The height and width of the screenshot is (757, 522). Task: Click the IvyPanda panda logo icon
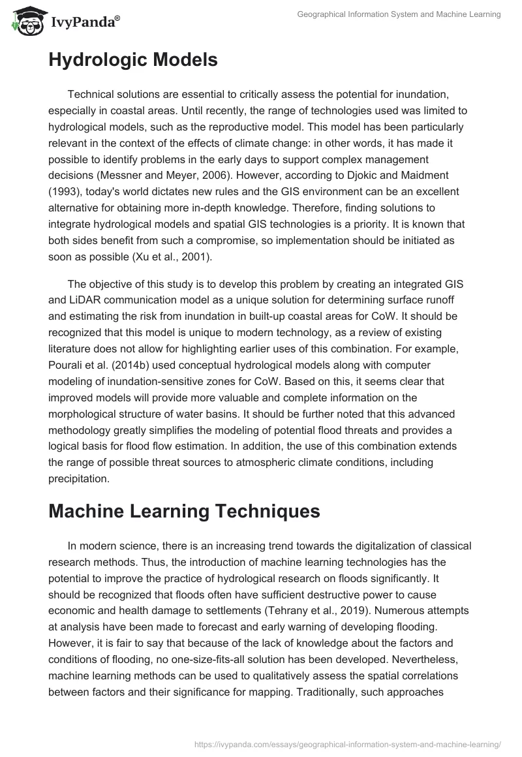25,22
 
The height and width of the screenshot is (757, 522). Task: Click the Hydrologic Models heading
133,60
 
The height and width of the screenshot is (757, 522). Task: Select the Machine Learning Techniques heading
184,511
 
